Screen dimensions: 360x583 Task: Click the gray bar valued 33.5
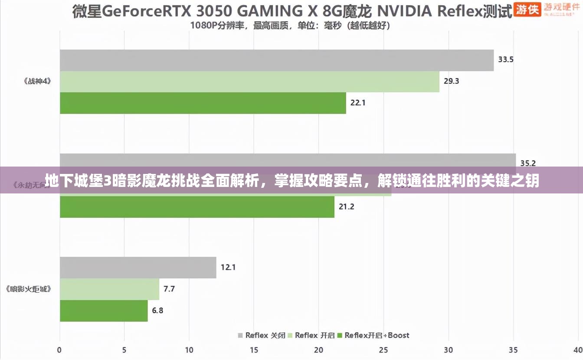(277, 60)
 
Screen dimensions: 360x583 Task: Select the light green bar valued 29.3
(249, 82)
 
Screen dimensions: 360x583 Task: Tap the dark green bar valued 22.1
(203, 103)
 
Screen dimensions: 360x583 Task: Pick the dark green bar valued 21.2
(197, 207)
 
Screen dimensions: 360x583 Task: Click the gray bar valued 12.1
(138, 268)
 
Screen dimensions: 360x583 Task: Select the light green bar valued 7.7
(109, 289)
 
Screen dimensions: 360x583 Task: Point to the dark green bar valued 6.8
(104, 311)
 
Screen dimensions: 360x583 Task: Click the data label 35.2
(528, 164)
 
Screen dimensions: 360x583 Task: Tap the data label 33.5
(506, 60)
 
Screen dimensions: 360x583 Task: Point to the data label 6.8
(158, 311)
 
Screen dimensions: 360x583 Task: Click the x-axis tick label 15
(254, 350)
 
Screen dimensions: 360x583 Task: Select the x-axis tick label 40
(577, 350)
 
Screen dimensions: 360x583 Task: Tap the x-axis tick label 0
(60, 350)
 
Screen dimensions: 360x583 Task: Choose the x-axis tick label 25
(383, 350)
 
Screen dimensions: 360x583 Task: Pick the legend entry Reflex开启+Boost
(373, 335)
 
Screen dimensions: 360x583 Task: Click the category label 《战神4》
(37, 81)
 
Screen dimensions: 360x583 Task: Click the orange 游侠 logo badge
(527, 9)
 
